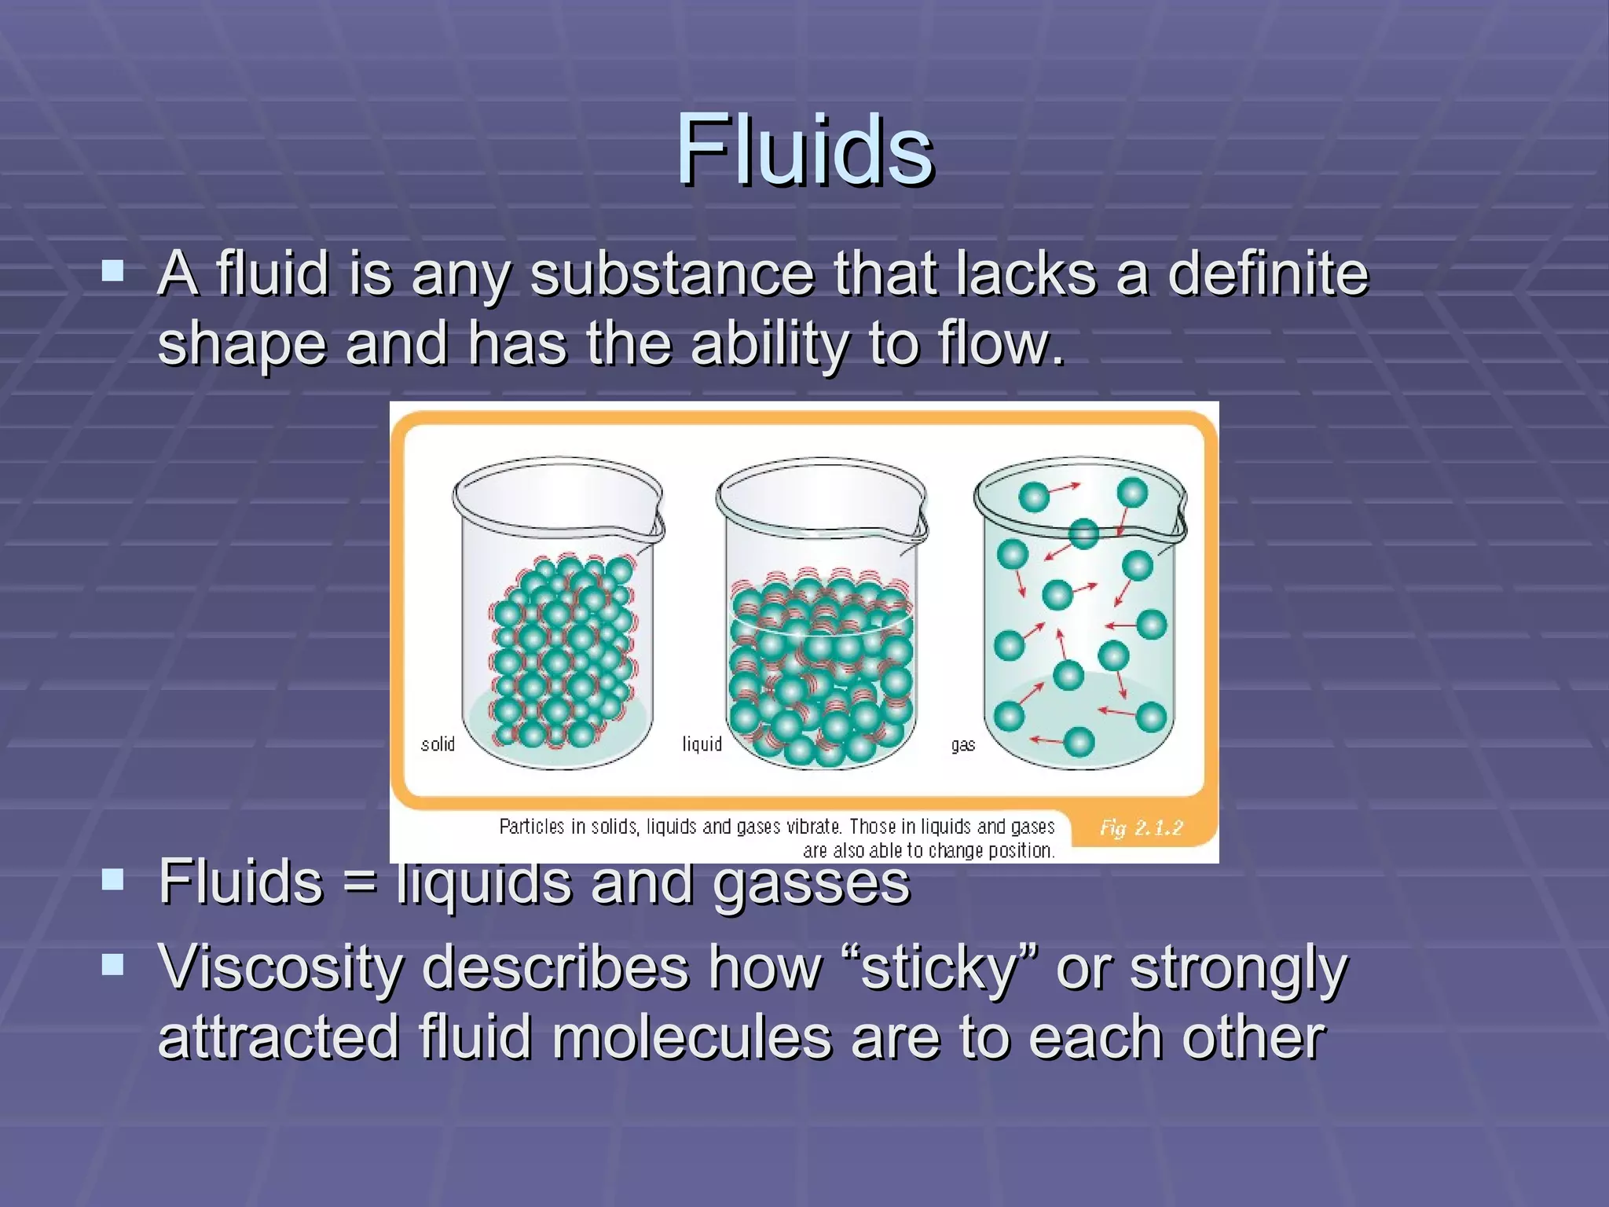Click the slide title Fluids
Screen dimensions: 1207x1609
pyautogui.click(x=804, y=149)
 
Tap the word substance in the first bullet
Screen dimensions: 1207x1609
pyautogui.click(x=672, y=275)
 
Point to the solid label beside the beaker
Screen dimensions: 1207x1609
pyautogui.click(x=438, y=743)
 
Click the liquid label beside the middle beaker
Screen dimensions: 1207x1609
pyautogui.click(x=702, y=743)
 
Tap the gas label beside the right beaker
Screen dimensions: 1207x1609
pyautogui.click(x=962, y=744)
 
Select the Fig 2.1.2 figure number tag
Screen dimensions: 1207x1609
pyautogui.click(x=1141, y=827)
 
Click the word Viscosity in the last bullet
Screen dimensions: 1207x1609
pyautogui.click(x=280, y=968)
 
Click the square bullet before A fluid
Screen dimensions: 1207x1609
pyautogui.click(x=113, y=272)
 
